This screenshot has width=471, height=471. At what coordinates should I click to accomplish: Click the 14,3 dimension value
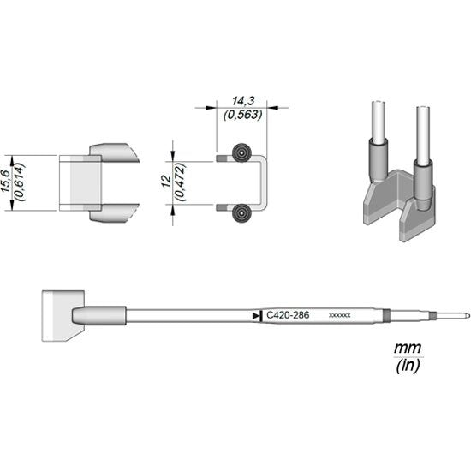click(231, 100)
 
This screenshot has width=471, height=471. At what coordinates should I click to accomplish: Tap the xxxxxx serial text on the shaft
click(340, 317)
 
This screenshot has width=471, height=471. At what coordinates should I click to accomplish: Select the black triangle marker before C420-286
click(258, 317)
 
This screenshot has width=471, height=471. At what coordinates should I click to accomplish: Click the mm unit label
click(402, 349)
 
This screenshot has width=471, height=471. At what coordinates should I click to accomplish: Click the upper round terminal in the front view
click(242, 156)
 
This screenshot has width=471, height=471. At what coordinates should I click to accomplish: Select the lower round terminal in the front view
click(242, 211)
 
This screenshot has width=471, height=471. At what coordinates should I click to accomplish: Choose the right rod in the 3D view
click(421, 133)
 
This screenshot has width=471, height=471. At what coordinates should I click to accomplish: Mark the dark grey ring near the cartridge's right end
click(385, 316)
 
